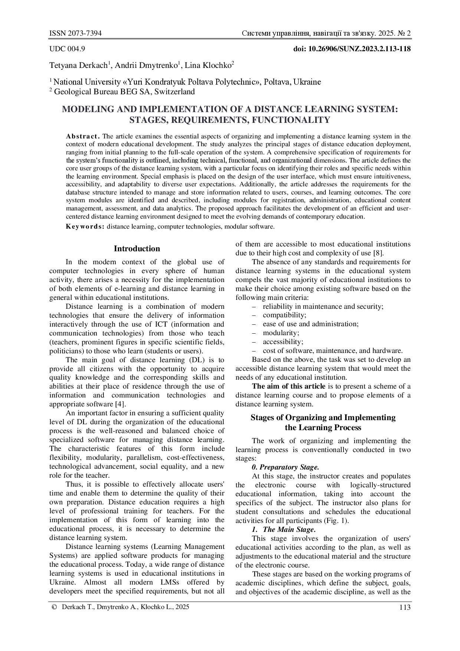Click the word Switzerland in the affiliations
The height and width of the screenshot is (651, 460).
(x=174, y=92)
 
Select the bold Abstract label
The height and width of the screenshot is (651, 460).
(x=83, y=136)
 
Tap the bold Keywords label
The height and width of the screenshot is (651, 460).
(x=85, y=226)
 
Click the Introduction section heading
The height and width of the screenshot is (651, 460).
(x=137, y=249)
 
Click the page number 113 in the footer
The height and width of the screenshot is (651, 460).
(x=405, y=608)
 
